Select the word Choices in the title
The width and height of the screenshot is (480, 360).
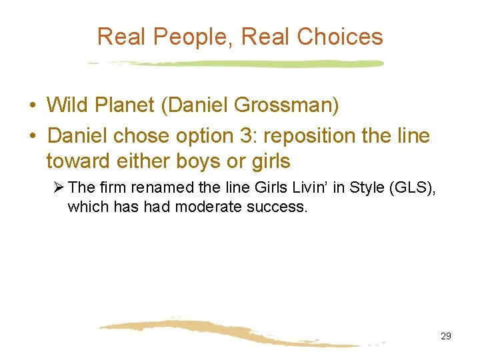340,37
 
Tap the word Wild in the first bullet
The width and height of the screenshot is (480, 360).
67,105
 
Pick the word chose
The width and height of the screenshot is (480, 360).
148,137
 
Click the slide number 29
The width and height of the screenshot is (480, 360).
446,336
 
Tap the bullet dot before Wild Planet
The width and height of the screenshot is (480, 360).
32,105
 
